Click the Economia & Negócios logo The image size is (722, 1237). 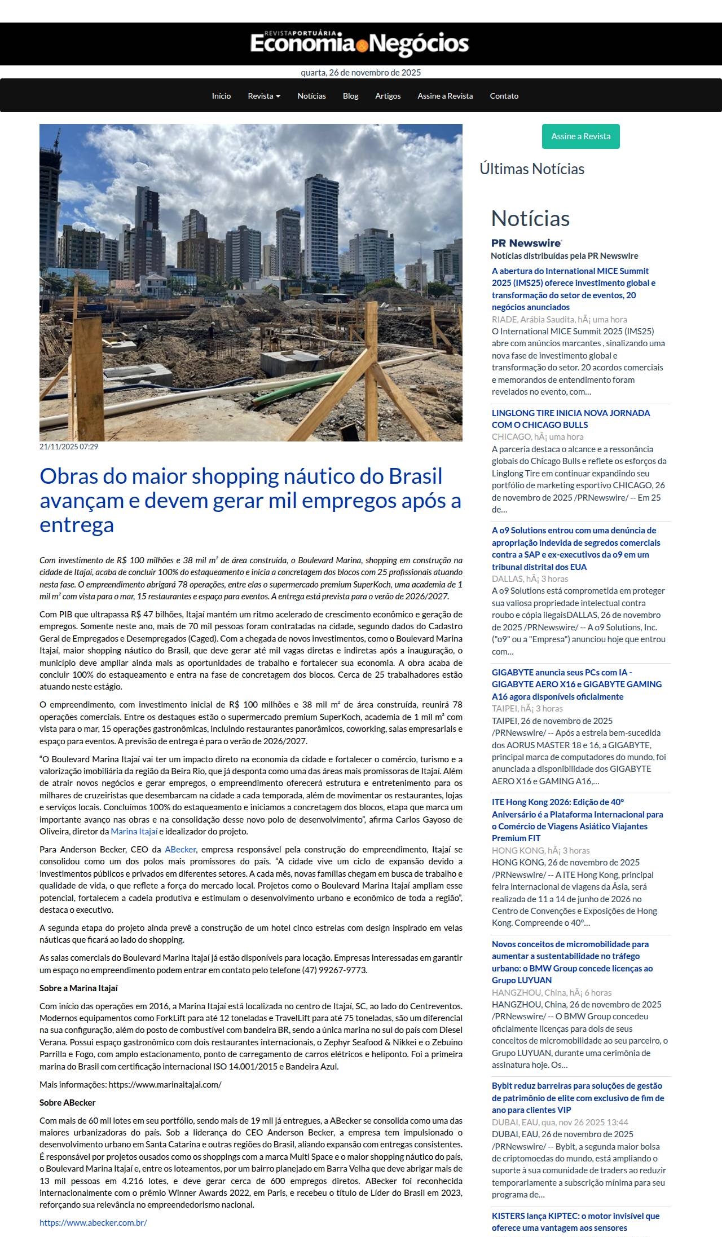[x=360, y=43]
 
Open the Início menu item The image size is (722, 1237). [x=221, y=96]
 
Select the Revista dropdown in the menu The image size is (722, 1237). [x=264, y=96]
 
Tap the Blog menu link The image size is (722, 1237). [x=350, y=96]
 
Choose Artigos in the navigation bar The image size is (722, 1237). [x=388, y=96]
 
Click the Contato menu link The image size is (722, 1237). [x=504, y=96]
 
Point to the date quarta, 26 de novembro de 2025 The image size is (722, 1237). [x=360, y=72]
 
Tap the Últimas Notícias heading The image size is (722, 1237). [x=532, y=169]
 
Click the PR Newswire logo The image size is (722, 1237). [x=526, y=243]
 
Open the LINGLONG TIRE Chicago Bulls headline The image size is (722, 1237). [x=571, y=418]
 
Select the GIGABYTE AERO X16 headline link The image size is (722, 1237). [x=576, y=684]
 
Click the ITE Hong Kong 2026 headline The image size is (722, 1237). [x=577, y=820]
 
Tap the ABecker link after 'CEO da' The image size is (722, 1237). [x=180, y=849]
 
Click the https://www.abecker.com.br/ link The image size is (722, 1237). [x=93, y=1222]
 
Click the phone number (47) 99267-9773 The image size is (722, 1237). [x=334, y=970]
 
